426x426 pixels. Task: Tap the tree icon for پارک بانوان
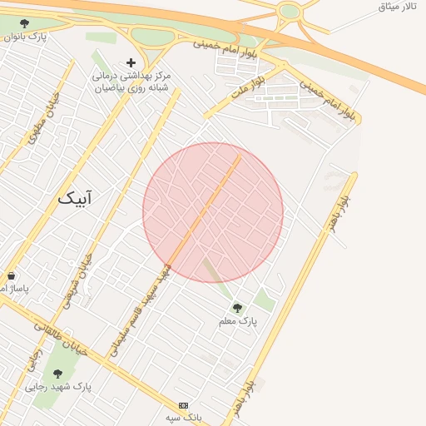pos(24,24)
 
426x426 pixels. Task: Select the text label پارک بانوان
pos(25,37)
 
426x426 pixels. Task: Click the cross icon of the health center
pos(131,62)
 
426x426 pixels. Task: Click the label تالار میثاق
pos(397,7)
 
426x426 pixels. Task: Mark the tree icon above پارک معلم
pos(237,308)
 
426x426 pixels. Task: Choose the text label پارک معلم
pos(238,321)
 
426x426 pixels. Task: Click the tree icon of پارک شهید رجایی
pos(57,374)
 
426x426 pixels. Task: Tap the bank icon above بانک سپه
pos(183,405)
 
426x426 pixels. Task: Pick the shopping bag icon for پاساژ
pos(11,275)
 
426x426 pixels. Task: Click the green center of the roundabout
pos(290,11)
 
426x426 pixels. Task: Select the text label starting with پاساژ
pos(13,289)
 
